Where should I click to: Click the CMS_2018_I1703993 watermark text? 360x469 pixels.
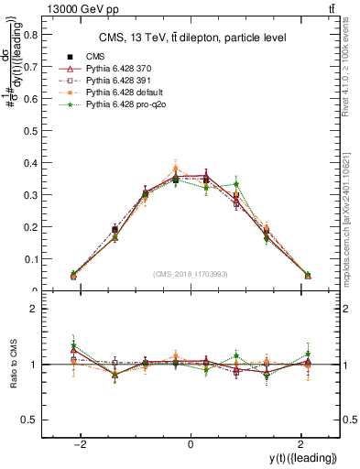[x=191, y=274]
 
